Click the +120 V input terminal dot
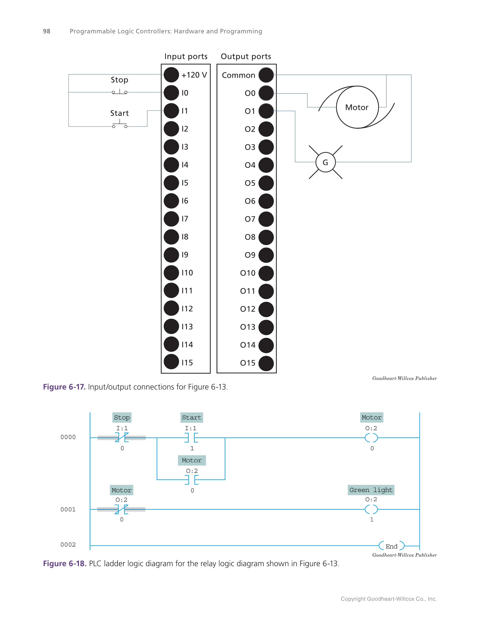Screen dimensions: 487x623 (171, 75)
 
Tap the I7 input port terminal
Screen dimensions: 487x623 (171, 219)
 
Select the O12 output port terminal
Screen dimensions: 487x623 (266, 309)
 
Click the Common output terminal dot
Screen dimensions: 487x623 (266, 75)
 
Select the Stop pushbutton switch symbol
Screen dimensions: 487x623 (120, 92)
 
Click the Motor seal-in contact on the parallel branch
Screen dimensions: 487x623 (192, 480)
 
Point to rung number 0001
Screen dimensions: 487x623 (68, 509)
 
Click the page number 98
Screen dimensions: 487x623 (46, 31)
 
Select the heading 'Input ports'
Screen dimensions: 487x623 (186, 56)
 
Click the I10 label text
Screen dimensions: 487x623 (187, 273)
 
